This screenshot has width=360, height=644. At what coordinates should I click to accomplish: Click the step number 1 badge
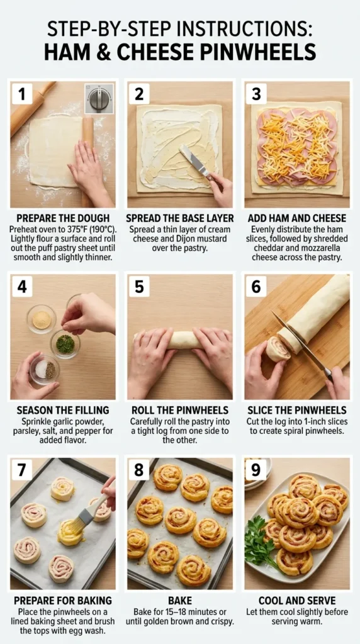22,95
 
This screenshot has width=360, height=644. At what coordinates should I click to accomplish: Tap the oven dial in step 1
99,98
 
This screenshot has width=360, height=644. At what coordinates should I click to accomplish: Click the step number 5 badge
139,287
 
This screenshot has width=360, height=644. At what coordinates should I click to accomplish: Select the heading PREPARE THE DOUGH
62,218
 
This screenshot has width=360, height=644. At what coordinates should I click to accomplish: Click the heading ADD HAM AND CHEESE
296,218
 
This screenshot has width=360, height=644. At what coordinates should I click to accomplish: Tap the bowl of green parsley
65,344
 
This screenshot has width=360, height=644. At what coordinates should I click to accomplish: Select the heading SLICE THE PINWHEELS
296,410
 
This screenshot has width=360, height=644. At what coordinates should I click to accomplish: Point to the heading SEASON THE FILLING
62,410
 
